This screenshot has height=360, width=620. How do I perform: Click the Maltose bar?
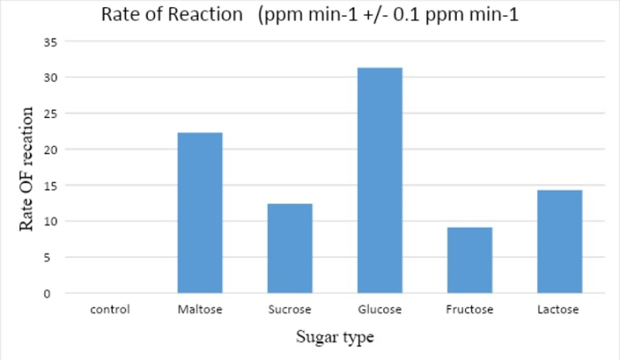coord(200,212)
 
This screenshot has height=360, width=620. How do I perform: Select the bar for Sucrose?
coord(290,248)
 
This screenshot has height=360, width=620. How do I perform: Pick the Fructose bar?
coord(469,260)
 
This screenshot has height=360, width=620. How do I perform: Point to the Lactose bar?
coord(559,241)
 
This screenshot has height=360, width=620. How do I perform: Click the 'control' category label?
coord(111,308)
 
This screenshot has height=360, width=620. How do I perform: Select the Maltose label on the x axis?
coord(200,308)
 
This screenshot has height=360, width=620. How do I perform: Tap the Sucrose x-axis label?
coord(290,308)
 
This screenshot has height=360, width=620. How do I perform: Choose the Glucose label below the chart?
coord(379,308)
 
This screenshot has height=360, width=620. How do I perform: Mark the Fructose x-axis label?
coord(469,308)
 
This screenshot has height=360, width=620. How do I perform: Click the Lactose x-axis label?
coord(559,308)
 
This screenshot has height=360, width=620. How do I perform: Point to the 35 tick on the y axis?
coord(49,42)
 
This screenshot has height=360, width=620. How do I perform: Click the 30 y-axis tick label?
coord(49,77)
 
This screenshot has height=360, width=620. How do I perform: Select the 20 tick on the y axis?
coord(49,149)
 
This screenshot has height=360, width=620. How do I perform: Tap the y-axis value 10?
coord(49,221)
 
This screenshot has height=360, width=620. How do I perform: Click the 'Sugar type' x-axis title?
coord(333,335)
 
